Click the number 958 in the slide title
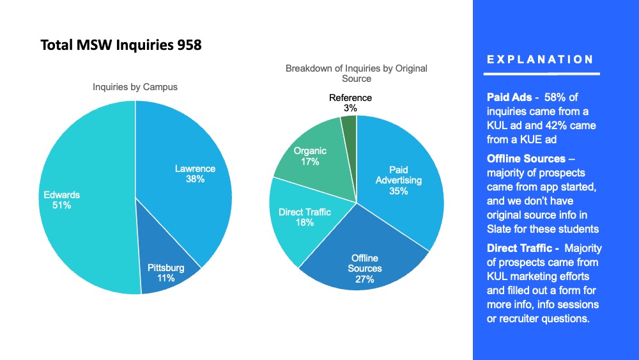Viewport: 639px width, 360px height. pyautogui.click(x=190, y=45)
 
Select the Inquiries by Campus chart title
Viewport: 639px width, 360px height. pyautogui.click(x=135, y=87)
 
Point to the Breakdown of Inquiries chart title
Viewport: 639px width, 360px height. pyautogui.click(x=357, y=73)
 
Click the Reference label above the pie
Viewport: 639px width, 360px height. pyautogui.click(x=350, y=98)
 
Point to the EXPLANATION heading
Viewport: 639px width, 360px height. pyautogui.click(x=540, y=59)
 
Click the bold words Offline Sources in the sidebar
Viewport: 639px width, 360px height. pyautogui.click(x=526, y=158)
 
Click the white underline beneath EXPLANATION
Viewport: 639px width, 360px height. pyautogui.click(x=543, y=74)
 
